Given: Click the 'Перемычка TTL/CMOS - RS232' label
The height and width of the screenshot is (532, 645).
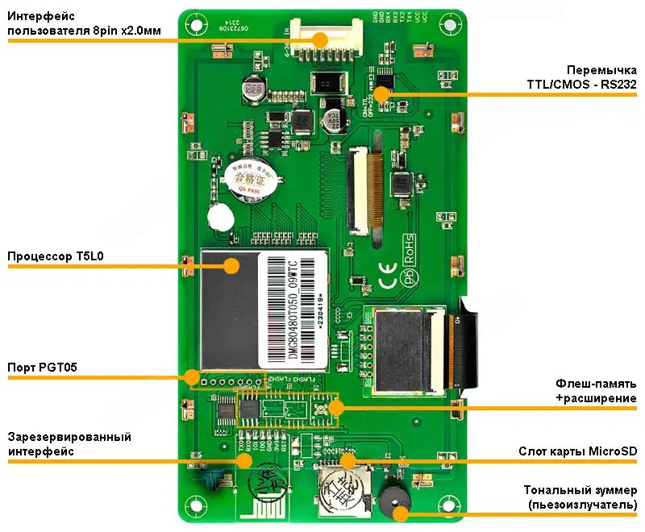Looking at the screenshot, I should point(578,77).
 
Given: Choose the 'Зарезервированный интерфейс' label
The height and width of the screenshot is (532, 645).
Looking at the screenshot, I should point(69,444).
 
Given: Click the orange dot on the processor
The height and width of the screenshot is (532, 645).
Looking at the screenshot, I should point(231,266).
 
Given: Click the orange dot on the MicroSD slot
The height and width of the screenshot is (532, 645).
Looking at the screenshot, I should point(348,460).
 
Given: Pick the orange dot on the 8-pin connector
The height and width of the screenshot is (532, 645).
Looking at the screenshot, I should point(320,38).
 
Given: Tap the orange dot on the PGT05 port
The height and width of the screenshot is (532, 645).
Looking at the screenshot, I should point(192,377).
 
